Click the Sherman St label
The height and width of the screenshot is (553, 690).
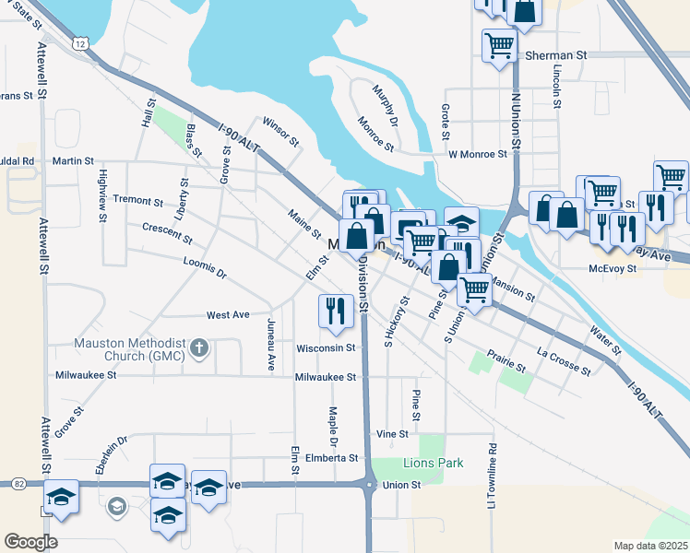tap(556, 55)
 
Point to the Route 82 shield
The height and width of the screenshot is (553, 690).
tap(19, 483)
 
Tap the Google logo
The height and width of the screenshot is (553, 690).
tap(30, 542)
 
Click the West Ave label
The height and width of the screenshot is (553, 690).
tap(228, 315)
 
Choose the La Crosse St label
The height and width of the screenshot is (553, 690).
tap(564, 360)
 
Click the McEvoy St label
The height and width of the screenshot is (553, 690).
tap(613, 269)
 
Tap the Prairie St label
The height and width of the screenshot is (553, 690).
tap(506, 361)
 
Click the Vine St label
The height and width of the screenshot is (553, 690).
tap(392, 433)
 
